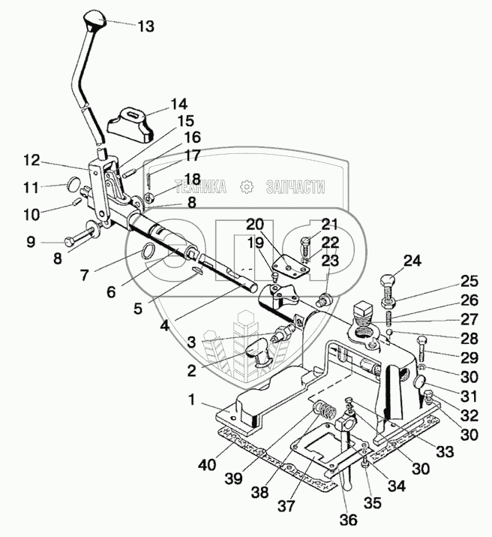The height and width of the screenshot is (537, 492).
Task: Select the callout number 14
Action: [x=178, y=104]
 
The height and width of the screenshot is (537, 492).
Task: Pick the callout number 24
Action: [x=412, y=261]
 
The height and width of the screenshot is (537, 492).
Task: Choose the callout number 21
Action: [x=329, y=223]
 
